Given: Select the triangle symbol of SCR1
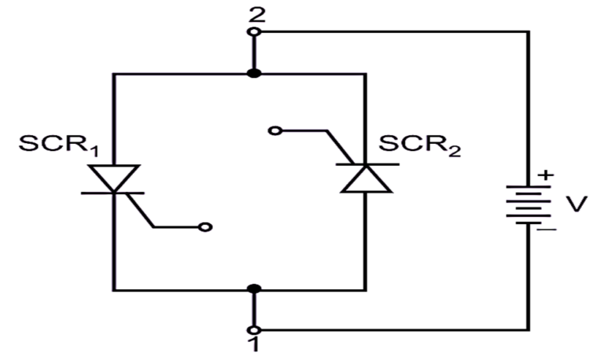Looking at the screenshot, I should click(x=114, y=178).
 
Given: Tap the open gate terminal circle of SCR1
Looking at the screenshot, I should click(x=205, y=228).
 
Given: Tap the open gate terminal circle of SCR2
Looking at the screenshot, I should click(x=274, y=130).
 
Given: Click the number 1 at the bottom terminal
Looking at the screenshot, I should click(x=254, y=347).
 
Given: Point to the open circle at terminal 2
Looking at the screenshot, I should click(x=254, y=32).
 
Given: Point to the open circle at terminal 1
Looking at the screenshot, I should click(x=254, y=329).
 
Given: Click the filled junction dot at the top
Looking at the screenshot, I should click(x=254, y=74).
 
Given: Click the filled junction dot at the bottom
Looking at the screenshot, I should click(x=254, y=290).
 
